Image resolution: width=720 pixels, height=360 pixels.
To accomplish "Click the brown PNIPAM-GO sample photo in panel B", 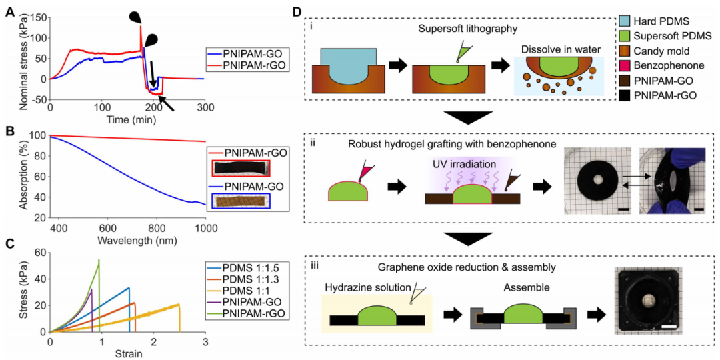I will (x=240, y=200).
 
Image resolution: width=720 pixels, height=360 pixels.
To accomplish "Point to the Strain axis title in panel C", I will (x=127, y=353).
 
